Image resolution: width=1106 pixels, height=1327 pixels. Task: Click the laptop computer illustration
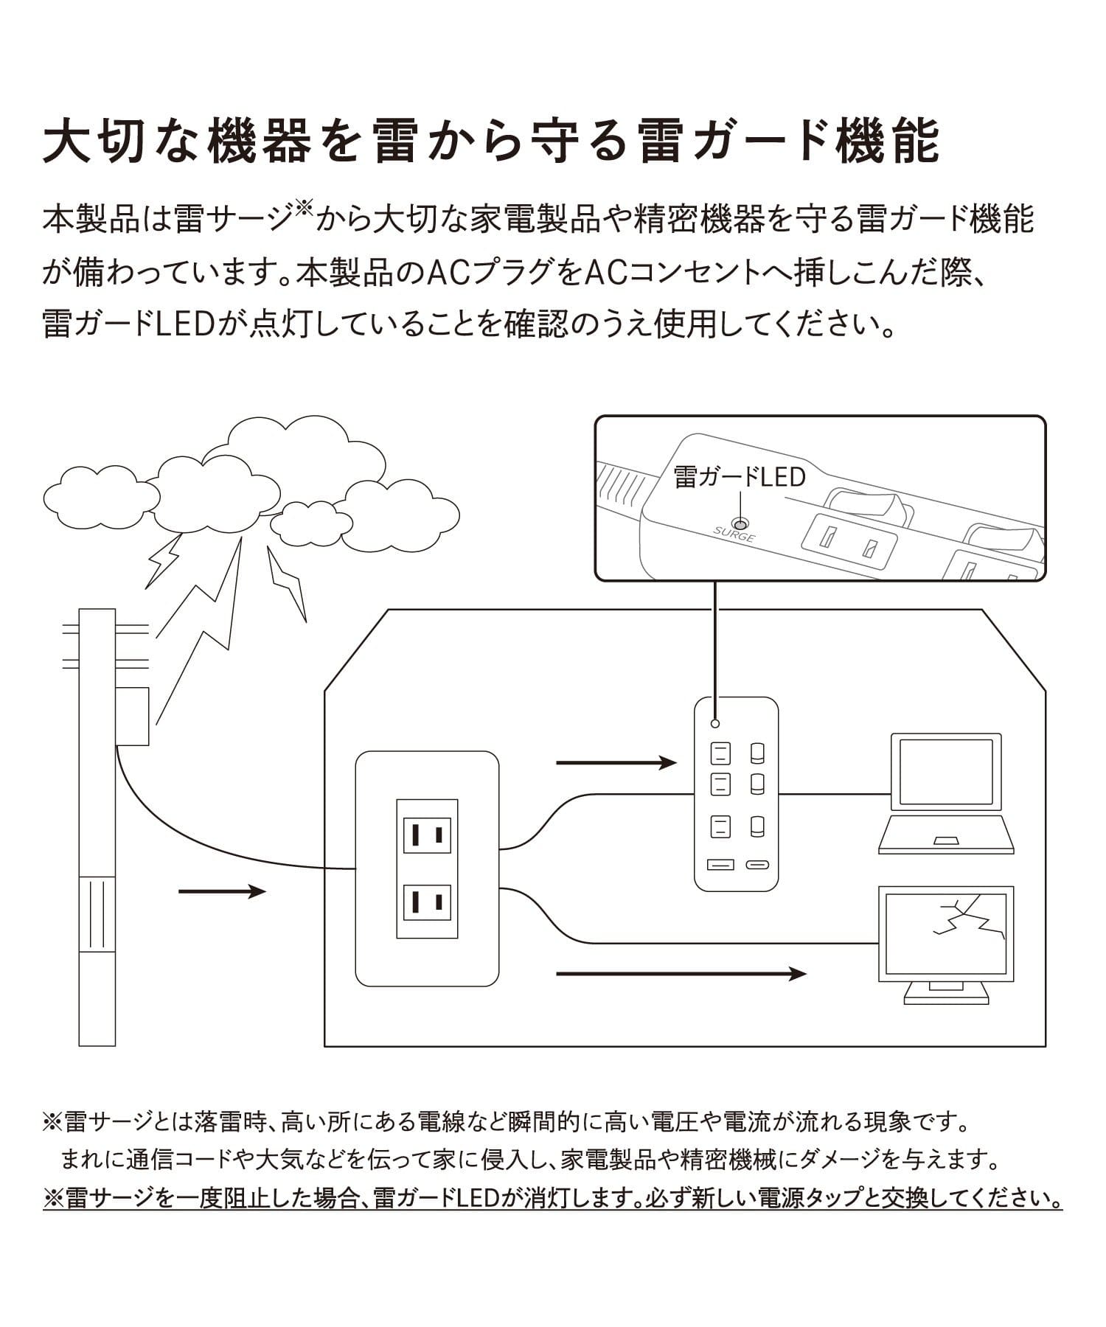point(946,793)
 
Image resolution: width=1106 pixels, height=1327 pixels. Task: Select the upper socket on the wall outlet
point(427,835)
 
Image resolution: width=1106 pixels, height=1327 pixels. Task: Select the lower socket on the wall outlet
point(427,901)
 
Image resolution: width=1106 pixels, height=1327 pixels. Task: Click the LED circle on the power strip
point(714,724)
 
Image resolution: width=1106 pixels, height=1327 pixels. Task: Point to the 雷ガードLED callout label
point(740,477)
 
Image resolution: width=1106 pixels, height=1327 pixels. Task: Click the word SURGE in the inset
point(734,534)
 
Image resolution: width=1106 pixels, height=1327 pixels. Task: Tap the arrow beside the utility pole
point(221,892)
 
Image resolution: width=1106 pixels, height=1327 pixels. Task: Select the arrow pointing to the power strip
point(616,762)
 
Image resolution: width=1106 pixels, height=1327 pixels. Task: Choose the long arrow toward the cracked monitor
point(680,974)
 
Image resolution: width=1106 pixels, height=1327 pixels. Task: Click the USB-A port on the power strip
point(720,864)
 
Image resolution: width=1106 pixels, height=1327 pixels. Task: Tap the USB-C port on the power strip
point(757,864)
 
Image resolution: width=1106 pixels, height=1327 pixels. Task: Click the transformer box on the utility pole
point(133,716)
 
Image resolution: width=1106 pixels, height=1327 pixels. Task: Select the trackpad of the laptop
point(946,841)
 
